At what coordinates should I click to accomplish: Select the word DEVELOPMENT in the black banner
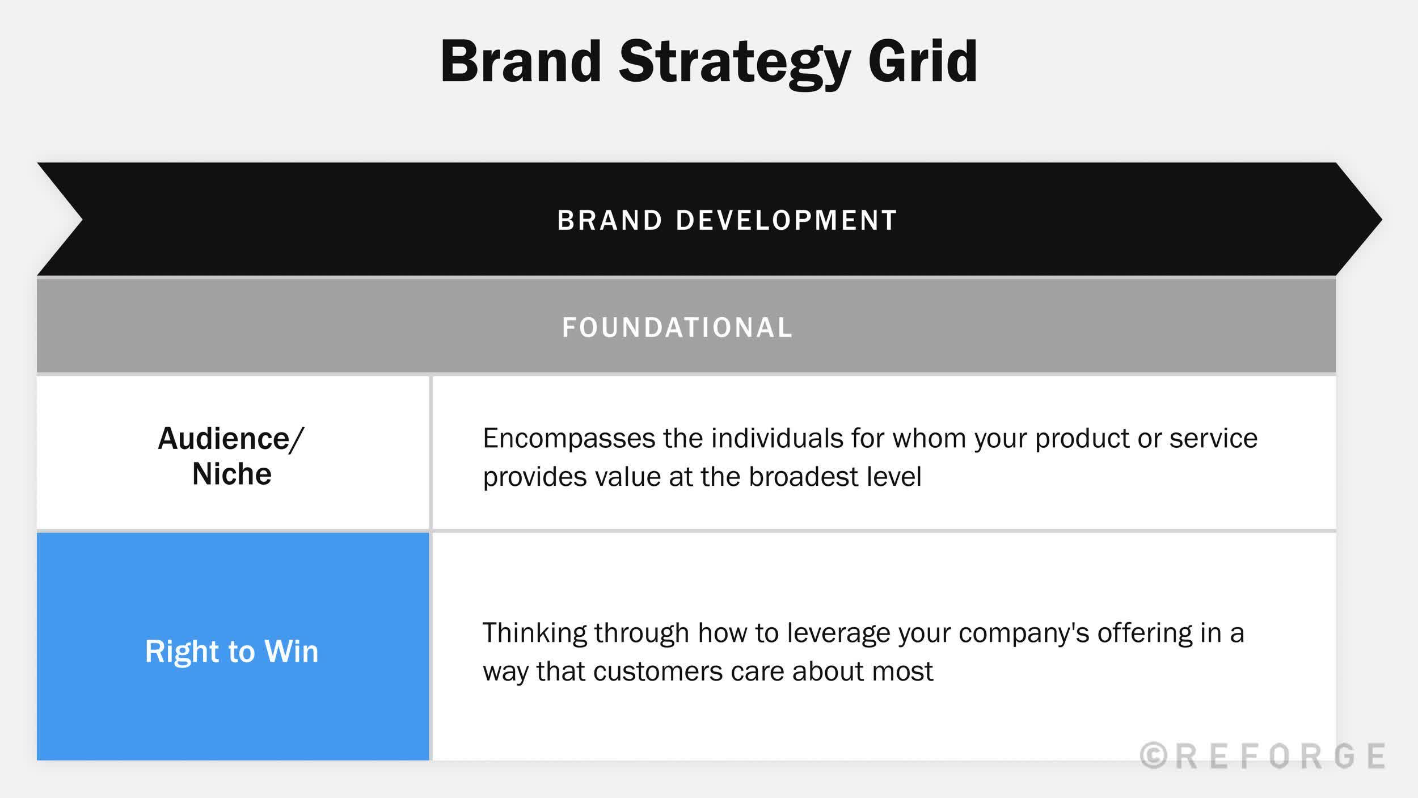pyautogui.click(x=786, y=220)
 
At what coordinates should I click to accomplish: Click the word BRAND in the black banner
pyautogui.click(x=610, y=220)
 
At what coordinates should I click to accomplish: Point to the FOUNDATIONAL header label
pyautogui.click(x=677, y=327)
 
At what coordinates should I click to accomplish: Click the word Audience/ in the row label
pyautogui.click(x=231, y=439)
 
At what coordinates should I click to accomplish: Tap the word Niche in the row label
pyautogui.click(x=232, y=474)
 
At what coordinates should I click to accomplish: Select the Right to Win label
pyautogui.click(x=231, y=651)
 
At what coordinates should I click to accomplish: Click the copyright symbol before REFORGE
pyautogui.click(x=1154, y=756)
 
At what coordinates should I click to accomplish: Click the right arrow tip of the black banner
pyautogui.click(x=1382, y=219)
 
